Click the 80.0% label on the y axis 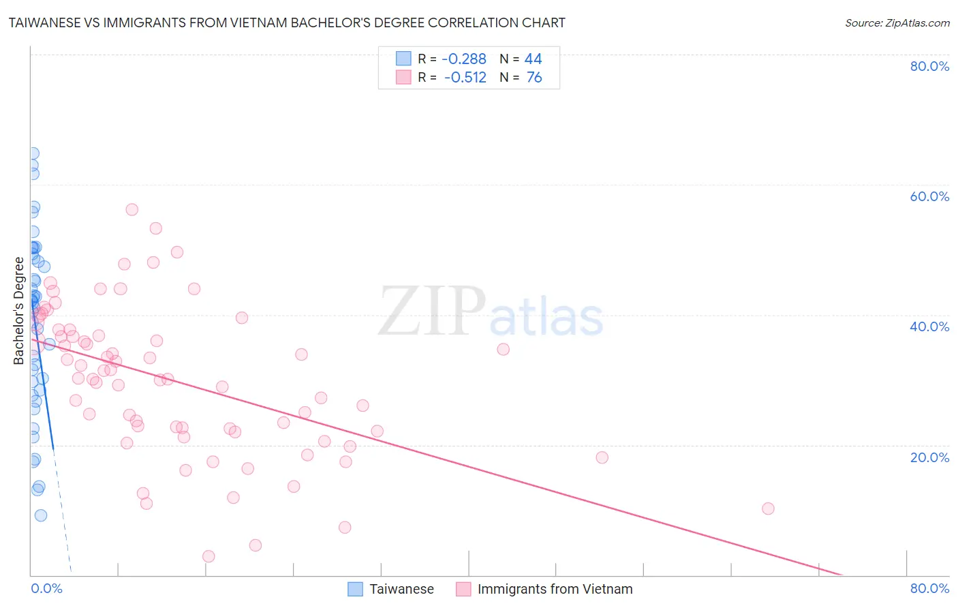(x=929, y=66)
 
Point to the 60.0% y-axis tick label (x=929, y=196)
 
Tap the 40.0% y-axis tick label (x=929, y=326)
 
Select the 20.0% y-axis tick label (x=929, y=457)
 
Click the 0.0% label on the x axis (x=46, y=588)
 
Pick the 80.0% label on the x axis (x=929, y=588)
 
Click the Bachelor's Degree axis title (x=19, y=311)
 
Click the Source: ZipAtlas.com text (x=897, y=23)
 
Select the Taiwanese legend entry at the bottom (x=401, y=589)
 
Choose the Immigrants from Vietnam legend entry (x=555, y=589)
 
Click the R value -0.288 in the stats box (x=464, y=59)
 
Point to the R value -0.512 (x=465, y=78)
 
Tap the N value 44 (x=533, y=59)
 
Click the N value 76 (x=534, y=78)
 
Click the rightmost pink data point (x=768, y=508)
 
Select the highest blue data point (x=33, y=154)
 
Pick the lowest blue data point (x=41, y=515)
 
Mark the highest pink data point (x=132, y=210)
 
